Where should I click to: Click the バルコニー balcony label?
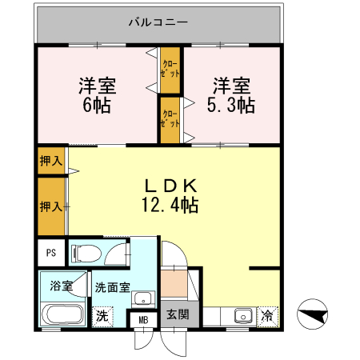click(x=158, y=22)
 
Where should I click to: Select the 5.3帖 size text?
click(x=232, y=105)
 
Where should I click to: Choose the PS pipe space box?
click(x=50, y=254)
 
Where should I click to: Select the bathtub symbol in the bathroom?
click(x=61, y=314)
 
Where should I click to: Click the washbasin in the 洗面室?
click(x=143, y=299)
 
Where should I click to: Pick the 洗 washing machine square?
click(x=102, y=315)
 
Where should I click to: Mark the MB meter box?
click(x=144, y=320)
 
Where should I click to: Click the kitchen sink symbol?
click(x=241, y=315)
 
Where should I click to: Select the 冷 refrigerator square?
click(x=268, y=315)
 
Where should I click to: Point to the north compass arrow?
click(x=313, y=314)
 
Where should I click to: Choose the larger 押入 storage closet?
click(x=51, y=206)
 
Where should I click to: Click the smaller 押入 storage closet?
click(x=51, y=161)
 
